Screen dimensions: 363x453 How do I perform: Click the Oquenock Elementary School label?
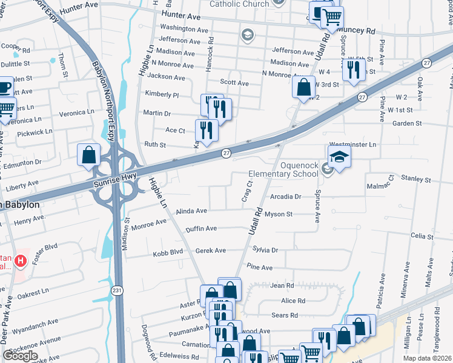pos(299,169)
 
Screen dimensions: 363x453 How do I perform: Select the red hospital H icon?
pos(21,261)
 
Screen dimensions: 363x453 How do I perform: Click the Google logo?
pos(20,356)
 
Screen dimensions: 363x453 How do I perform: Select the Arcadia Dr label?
pos(286,197)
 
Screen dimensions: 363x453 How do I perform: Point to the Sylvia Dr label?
pos(265,250)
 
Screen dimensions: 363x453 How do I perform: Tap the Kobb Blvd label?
pos(168,252)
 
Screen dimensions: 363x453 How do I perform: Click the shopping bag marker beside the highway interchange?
pos(89,155)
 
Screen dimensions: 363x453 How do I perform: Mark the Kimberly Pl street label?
pos(162,95)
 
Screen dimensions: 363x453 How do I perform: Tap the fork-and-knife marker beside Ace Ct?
pos(207,131)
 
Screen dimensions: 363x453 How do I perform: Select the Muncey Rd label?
pos(358,29)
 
